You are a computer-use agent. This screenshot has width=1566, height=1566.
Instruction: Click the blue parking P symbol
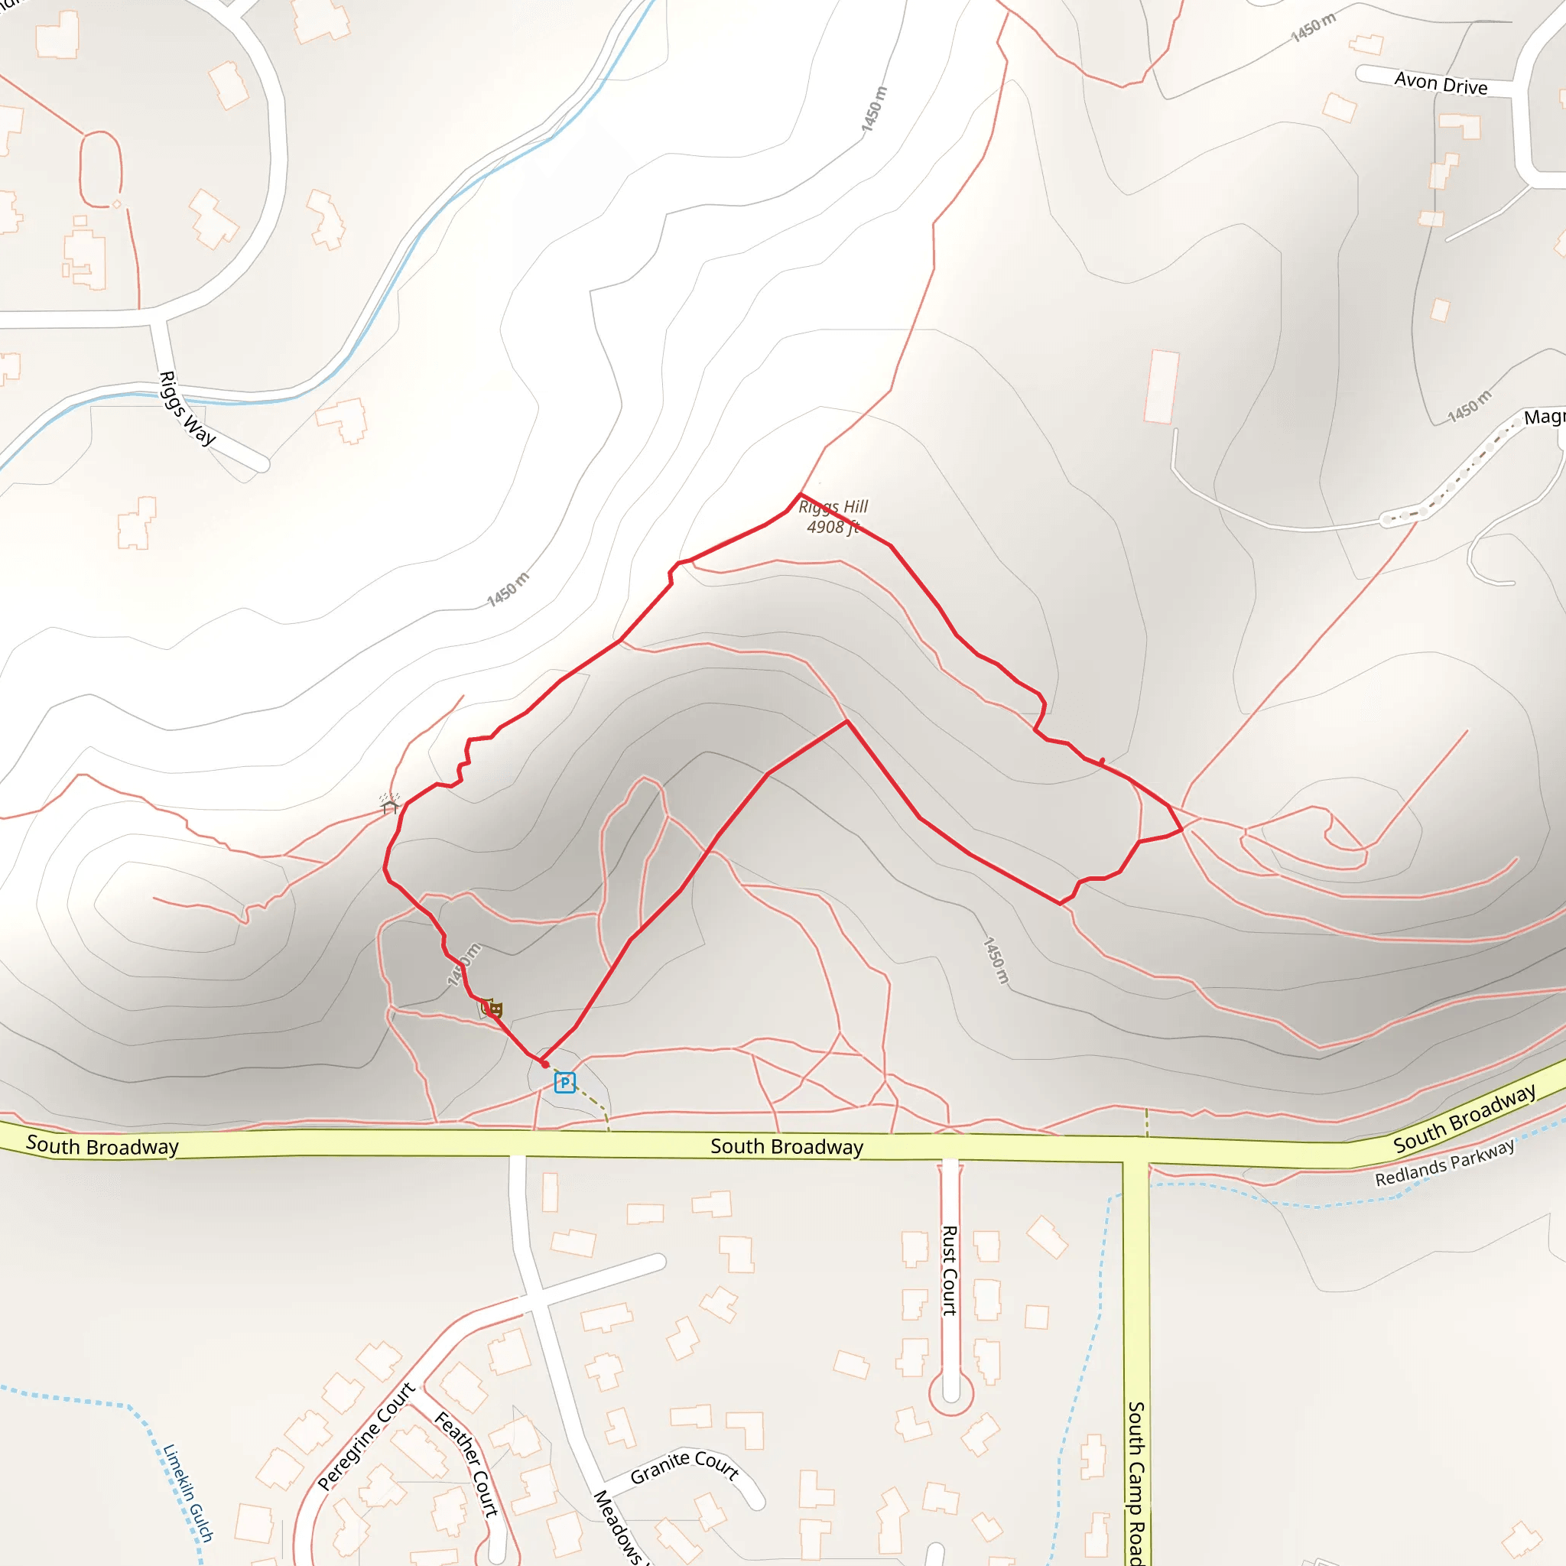pos(565,1082)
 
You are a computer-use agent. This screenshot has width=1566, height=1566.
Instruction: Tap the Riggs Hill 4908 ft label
pos(833,516)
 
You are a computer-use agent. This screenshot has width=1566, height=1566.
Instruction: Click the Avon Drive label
pos(1441,83)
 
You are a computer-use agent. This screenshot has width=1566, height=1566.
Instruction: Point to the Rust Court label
pos(949,1269)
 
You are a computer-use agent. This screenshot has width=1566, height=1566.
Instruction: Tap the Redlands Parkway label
pos(1444,1163)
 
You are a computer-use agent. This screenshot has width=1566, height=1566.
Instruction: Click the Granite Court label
pos(684,1467)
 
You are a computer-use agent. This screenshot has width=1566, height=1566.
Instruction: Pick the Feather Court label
pos(467,1464)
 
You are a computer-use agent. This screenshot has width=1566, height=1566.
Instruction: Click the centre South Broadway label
pos(786,1146)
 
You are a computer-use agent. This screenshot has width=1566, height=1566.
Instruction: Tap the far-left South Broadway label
pos(102,1145)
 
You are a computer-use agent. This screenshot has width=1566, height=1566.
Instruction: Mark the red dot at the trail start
pos(544,1064)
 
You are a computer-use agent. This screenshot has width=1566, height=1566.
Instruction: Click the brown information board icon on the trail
pos(492,1009)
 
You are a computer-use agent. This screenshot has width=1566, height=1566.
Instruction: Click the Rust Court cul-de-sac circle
pos(950,1392)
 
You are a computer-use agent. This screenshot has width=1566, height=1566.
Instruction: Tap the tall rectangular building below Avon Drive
pos(1161,386)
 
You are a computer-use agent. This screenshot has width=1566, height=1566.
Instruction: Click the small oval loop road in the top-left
pos(100,168)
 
